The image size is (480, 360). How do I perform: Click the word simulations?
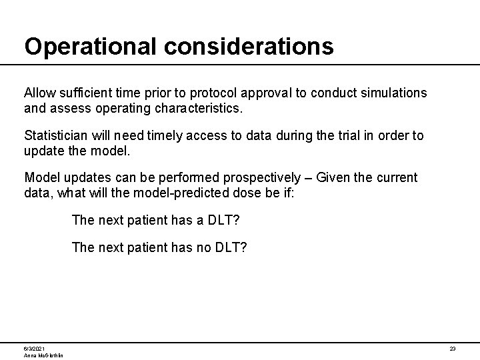(393, 91)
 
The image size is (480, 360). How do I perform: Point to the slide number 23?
(452, 349)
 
